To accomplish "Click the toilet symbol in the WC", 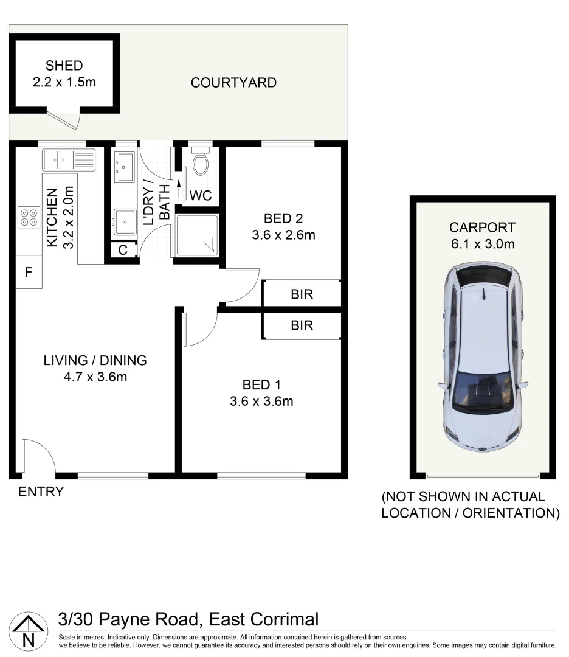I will click(200, 162).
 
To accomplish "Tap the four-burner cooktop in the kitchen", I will click(29, 217).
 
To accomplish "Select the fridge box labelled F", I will click(28, 273).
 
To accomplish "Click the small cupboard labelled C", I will click(122, 250).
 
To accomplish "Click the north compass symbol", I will click(29, 631).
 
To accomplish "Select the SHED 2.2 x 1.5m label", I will click(64, 74).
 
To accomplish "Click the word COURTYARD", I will click(233, 83).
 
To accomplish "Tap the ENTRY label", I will click(41, 492).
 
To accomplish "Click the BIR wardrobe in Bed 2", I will click(302, 294).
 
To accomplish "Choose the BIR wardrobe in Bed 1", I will click(302, 325).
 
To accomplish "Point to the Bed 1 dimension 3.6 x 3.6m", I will click(261, 401).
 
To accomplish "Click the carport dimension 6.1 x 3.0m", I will click(482, 245).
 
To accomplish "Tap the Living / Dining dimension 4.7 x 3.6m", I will click(95, 377).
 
